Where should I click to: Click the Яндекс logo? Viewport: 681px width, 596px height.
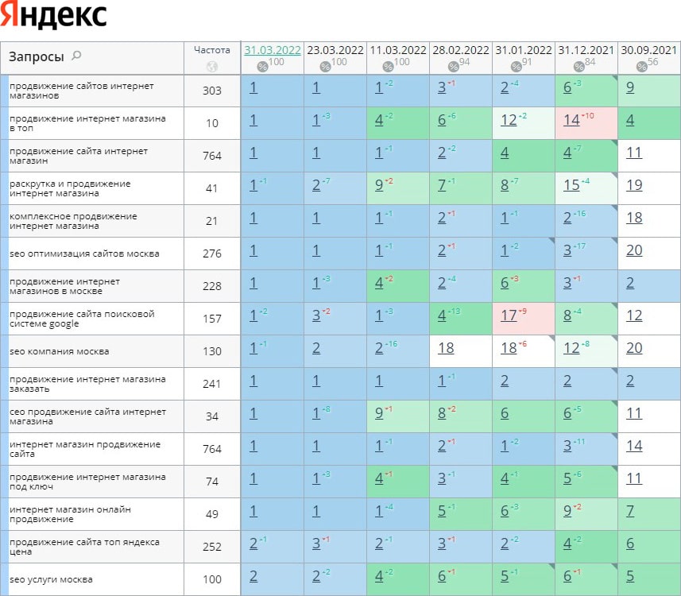click(54, 17)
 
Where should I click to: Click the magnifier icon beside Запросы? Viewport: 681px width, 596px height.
click(76, 56)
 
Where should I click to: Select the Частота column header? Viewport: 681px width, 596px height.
click(211, 49)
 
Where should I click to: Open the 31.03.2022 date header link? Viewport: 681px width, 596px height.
click(273, 49)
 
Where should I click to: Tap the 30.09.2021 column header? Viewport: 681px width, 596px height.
click(648, 49)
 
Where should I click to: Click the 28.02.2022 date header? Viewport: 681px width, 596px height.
click(461, 49)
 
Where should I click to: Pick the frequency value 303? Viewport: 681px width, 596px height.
click(212, 91)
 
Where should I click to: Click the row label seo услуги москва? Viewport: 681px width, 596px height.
click(51, 579)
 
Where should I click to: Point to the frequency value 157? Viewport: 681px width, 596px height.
click(212, 319)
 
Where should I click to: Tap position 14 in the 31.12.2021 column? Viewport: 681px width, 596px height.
click(571, 121)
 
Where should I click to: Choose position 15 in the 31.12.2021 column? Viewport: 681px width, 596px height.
click(571, 186)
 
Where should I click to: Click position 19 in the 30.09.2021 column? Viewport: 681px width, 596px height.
click(634, 186)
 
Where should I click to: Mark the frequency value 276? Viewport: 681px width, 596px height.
click(212, 253)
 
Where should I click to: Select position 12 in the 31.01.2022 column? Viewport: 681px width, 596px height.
click(509, 121)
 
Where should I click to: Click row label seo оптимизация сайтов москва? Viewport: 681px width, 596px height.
click(84, 253)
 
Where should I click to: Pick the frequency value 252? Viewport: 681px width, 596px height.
click(212, 547)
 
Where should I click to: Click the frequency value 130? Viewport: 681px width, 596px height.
click(212, 351)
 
